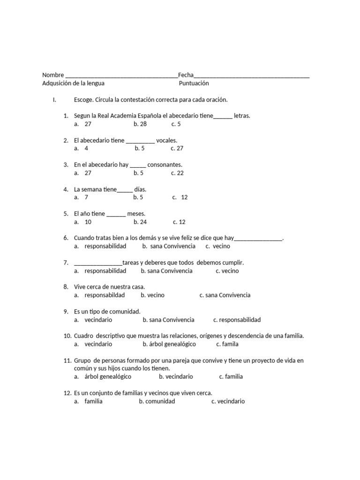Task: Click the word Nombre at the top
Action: pos(53,75)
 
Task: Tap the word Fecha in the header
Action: pos(186,75)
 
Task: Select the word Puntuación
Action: pos(194,83)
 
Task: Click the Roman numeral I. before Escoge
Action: pos(54,100)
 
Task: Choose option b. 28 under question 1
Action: pos(140,124)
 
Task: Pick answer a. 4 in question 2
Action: pos(81,149)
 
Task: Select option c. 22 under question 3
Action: pos(177,173)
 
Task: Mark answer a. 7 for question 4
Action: pos(81,197)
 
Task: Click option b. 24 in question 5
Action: pos(140,222)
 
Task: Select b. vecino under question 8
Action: pos(152,295)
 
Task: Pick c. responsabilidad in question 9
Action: pos(237,320)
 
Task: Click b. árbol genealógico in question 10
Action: pos(169,344)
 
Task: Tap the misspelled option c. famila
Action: pos(227,344)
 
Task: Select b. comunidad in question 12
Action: pos(157,401)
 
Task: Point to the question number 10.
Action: pos(67,336)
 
